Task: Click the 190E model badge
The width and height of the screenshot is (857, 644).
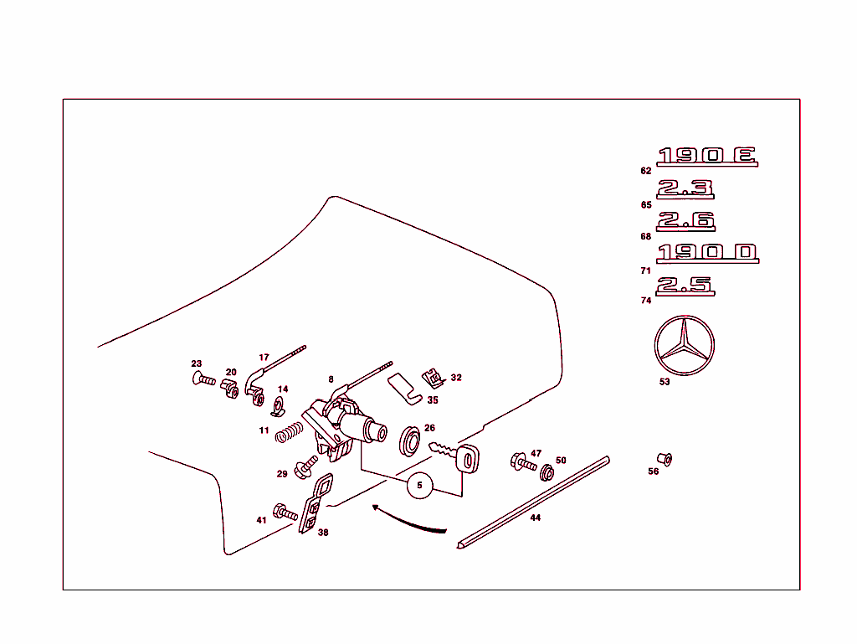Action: coord(707,156)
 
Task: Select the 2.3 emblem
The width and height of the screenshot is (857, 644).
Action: coord(685,189)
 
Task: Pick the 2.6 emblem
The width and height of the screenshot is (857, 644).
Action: coord(685,222)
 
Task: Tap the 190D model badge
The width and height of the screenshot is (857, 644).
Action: coord(707,253)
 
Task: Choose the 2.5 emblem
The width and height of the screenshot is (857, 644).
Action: coord(685,286)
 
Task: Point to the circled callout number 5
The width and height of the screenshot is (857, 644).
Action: coord(420,485)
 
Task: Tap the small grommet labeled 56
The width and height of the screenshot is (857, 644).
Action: coord(665,459)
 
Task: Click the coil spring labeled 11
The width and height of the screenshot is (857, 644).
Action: coord(288,433)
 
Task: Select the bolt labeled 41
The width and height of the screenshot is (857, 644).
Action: coord(285,513)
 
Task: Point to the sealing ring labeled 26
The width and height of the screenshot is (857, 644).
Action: coord(411,442)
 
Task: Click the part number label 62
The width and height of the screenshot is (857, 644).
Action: coord(645,171)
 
